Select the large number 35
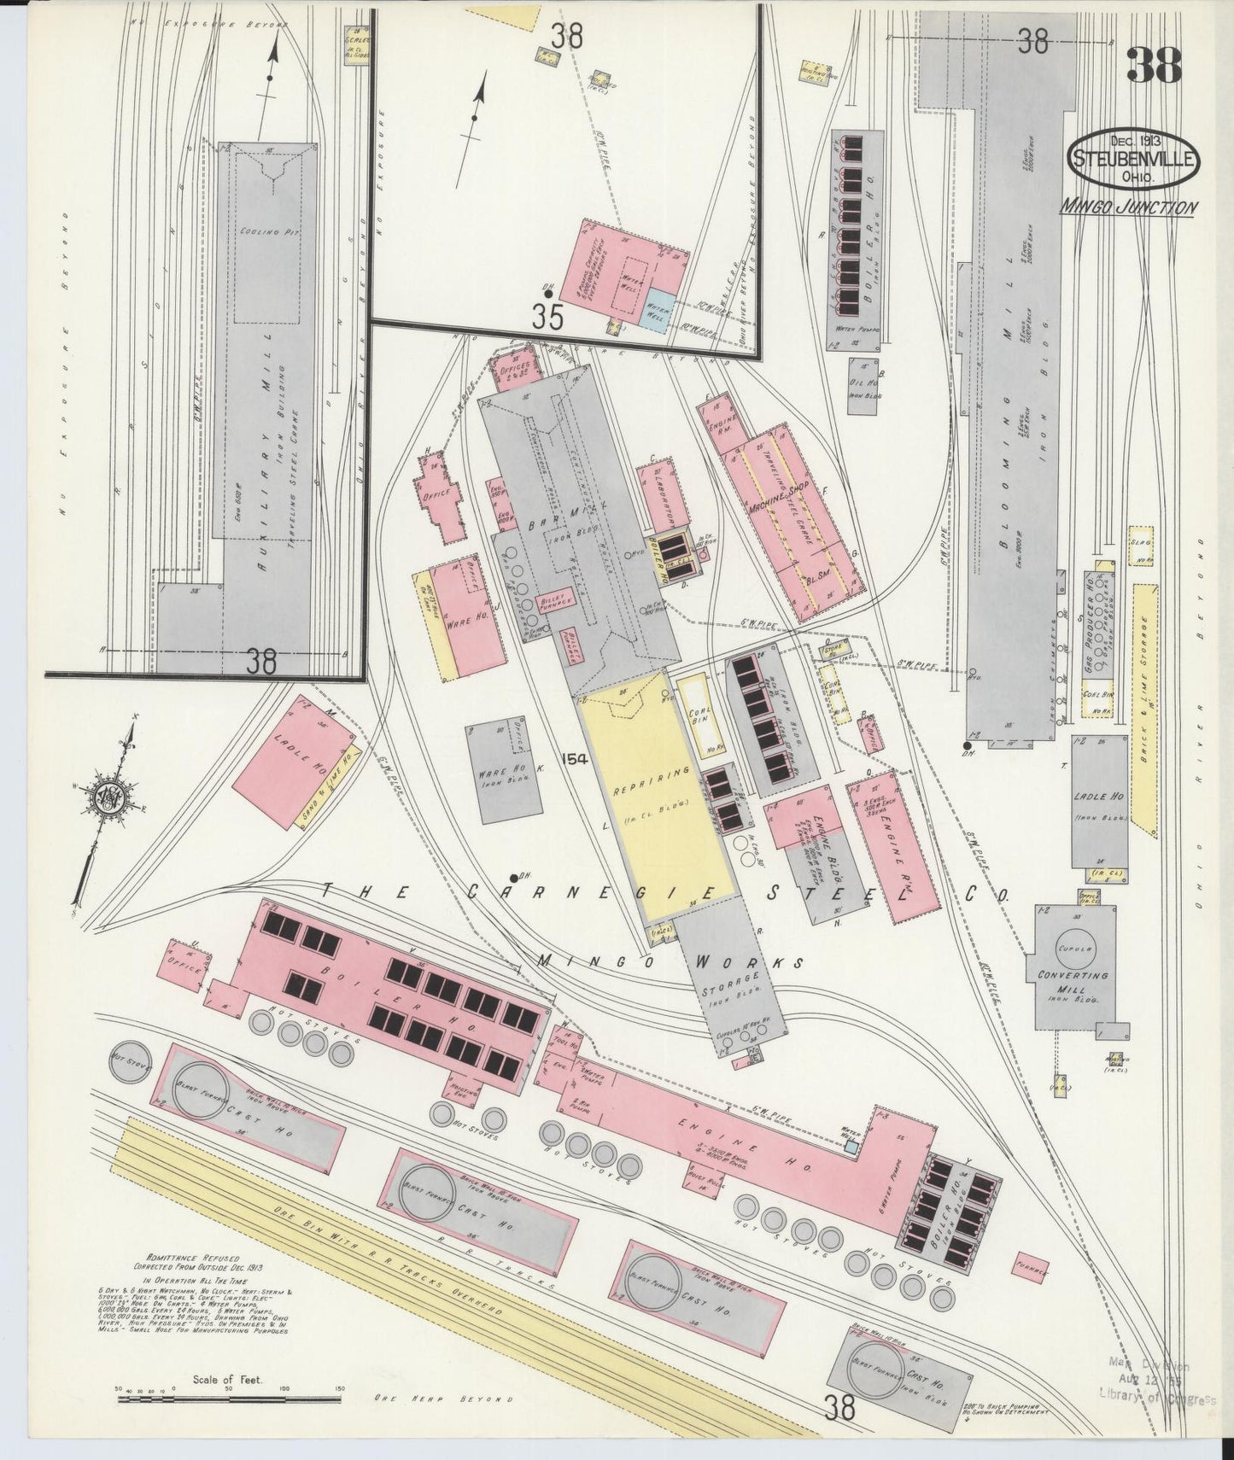pos(547,318)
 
